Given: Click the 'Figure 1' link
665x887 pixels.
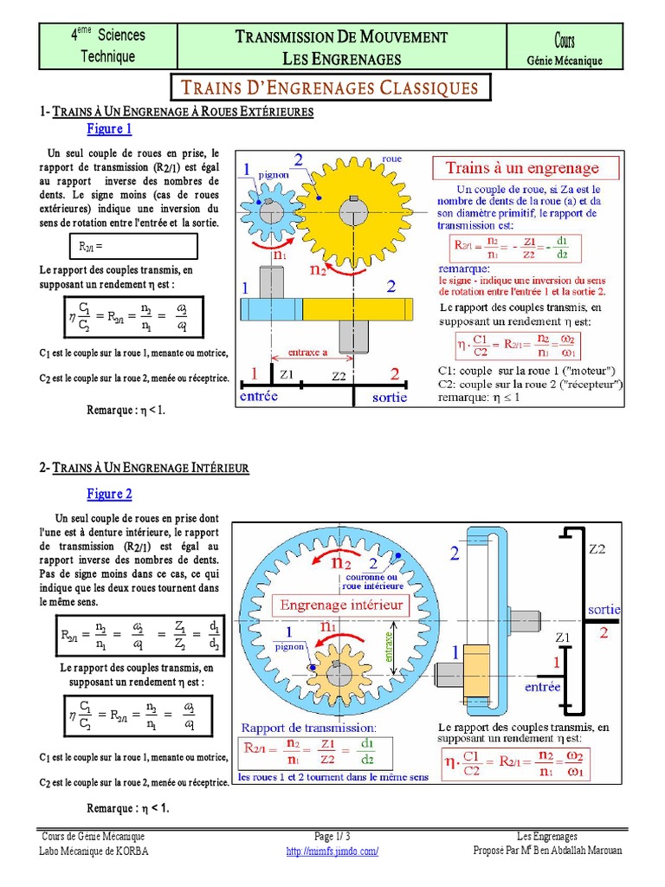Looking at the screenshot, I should click(109, 129).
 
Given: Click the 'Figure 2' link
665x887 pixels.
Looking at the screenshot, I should click(109, 494).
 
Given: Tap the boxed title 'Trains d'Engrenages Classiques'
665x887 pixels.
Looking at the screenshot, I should click(329, 87).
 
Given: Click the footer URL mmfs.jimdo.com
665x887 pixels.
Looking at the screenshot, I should click(332, 851).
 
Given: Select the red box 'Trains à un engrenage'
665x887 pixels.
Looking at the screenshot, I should click(521, 167).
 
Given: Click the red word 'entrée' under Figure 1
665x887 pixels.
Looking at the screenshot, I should click(260, 396).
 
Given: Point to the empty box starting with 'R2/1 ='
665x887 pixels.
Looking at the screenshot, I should click(136, 247).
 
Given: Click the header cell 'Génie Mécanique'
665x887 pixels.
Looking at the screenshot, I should click(564, 61).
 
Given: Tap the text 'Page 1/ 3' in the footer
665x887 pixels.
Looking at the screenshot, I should click(332, 837).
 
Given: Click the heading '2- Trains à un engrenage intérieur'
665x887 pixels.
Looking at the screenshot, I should click(145, 468).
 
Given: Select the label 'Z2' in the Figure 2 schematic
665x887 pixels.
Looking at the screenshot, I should click(597, 549).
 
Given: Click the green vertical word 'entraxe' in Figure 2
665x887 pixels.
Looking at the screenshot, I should click(389, 645).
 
